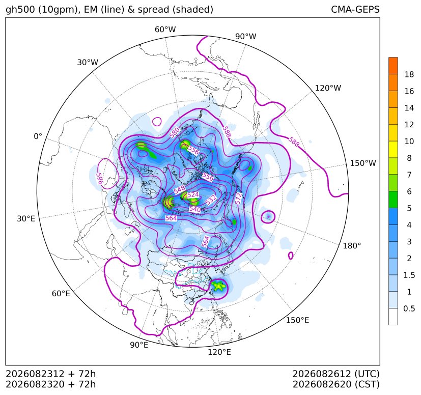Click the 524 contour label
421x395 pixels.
[x=193, y=194]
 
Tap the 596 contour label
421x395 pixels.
[x=100, y=179]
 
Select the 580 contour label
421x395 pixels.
[x=175, y=133]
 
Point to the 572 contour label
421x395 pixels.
[x=238, y=199]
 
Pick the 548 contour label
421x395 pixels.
[x=179, y=189]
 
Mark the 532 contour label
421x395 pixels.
[x=211, y=200]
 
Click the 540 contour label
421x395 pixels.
[x=195, y=209]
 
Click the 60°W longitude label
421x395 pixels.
[x=165, y=30]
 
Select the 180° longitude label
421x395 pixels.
[x=352, y=245]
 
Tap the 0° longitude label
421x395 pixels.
[x=38, y=136]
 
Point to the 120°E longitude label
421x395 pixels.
[x=219, y=352]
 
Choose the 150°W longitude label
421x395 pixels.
[x=363, y=163]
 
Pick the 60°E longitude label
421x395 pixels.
[x=61, y=293]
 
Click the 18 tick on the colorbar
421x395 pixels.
[x=409, y=74]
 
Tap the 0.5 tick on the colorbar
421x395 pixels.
[x=409, y=308]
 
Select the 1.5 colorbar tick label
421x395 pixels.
[x=409, y=275]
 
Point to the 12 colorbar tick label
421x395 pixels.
[x=409, y=124]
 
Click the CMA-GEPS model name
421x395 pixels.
[x=355, y=9]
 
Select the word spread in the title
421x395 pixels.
[x=153, y=10]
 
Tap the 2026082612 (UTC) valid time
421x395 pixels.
[x=336, y=374]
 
